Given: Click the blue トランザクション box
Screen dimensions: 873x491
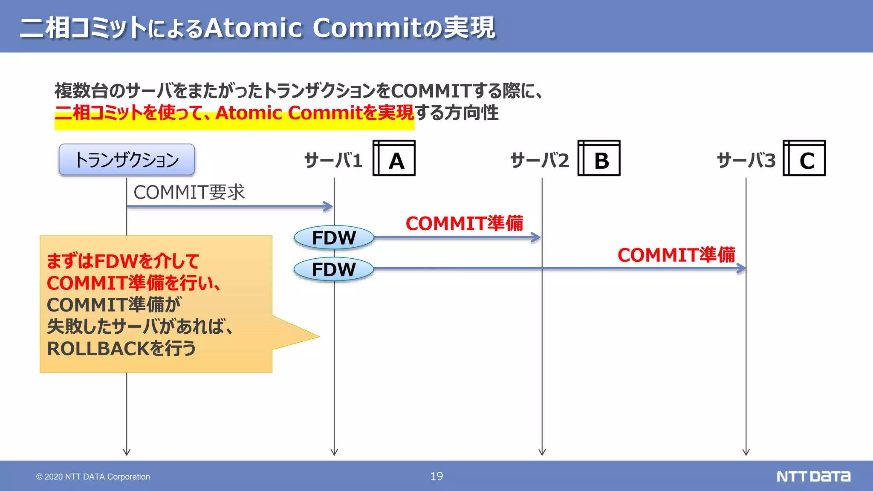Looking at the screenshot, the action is [x=127, y=160].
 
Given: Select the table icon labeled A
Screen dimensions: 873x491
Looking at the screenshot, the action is [x=394, y=158].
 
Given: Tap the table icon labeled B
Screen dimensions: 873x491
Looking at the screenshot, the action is [x=599, y=158].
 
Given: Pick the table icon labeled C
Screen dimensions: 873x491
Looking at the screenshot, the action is [x=804, y=158].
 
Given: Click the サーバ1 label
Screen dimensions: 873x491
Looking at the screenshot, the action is [x=333, y=161].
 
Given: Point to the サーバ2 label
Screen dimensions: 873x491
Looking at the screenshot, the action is [x=539, y=161].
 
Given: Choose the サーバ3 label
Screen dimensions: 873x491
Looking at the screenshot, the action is [x=746, y=161].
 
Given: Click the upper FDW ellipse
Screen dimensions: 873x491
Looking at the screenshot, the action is [x=334, y=237].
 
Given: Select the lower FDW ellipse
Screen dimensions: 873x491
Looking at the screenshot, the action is [x=334, y=269].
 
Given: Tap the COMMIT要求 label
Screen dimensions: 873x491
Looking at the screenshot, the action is [x=189, y=192].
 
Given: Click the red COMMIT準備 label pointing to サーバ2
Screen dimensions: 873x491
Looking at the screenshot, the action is [x=464, y=223].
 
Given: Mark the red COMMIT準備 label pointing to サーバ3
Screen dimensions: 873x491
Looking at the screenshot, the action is [x=676, y=255].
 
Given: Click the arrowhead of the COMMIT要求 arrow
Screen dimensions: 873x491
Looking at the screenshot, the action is [x=329, y=207].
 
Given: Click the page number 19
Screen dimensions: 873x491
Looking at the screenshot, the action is [x=436, y=476].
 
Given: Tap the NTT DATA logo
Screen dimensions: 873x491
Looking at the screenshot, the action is [x=813, y=476].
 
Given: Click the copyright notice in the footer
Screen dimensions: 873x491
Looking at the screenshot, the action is [x=93, y=477].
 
